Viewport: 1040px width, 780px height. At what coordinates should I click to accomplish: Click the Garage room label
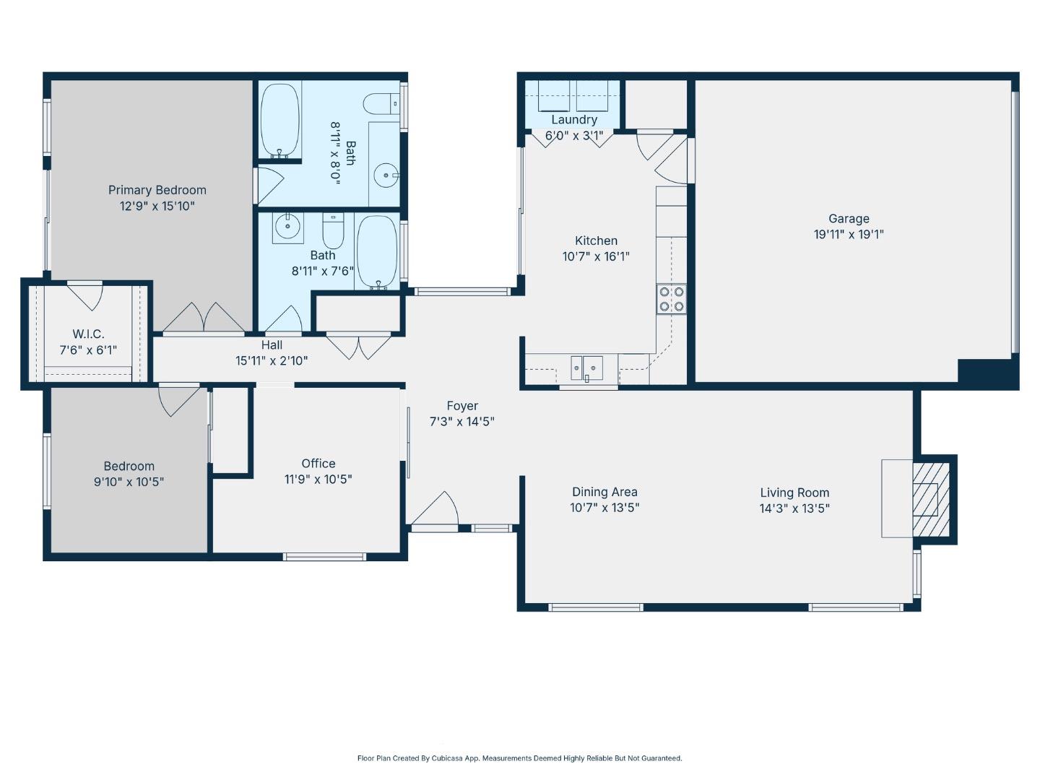(849, 218)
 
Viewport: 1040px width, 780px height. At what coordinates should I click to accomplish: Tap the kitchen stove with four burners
(671, 299)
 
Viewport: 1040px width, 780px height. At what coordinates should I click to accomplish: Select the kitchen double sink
(586, 368)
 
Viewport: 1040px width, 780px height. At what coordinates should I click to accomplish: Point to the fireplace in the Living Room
(929, 498)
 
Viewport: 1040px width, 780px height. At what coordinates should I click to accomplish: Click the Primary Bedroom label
(157, 190)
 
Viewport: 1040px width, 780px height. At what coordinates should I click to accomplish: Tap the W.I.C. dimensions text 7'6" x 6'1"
(88, 350)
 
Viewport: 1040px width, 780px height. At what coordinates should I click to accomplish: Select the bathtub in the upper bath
(279, 120)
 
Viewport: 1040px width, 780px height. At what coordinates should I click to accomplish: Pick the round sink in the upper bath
(387, 175)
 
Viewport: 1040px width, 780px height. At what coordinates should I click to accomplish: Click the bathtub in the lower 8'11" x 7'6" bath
(377, 252)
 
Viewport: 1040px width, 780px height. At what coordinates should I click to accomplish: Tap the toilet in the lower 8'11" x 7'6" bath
(333, 230)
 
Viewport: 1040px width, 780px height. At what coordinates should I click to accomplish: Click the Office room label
(318, 464)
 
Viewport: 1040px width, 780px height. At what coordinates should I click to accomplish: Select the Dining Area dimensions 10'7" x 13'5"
(604, 508)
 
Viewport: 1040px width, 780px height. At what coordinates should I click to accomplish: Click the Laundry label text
(574, 120)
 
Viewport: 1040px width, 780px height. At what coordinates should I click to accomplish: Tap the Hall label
(272, 345)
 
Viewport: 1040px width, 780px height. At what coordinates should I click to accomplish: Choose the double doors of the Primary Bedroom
(204, 318)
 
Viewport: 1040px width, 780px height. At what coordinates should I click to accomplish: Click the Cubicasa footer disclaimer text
(519, 758)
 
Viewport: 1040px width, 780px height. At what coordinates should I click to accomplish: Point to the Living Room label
(794, 493)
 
